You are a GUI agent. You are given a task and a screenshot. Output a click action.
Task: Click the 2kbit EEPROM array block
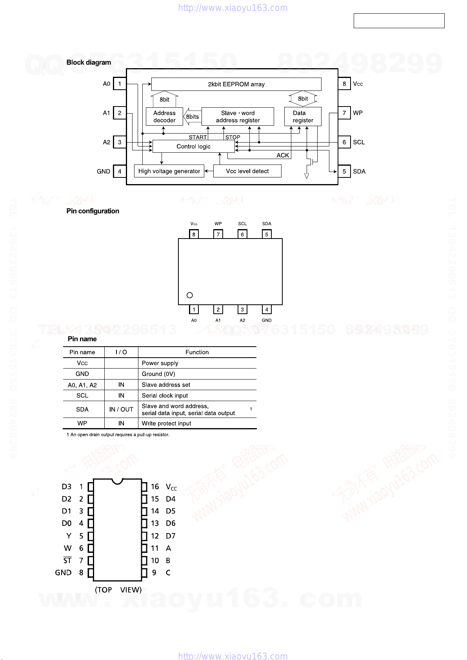coord(236,84)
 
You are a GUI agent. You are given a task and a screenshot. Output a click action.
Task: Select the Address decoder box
coord(164,117)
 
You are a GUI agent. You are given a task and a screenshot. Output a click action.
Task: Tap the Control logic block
coord(193,146)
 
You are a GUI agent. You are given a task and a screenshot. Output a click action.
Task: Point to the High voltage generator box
coord(169,171)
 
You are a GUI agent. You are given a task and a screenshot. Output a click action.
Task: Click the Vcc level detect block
coord(247,171)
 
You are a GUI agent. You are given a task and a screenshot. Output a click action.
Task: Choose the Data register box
coord(303,117)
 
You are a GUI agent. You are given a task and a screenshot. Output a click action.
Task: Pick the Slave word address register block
coord(238,117)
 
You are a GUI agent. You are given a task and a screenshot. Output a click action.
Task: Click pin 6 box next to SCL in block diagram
coord(344,142)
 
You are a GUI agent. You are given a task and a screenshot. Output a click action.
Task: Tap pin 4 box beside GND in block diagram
coord(120,172)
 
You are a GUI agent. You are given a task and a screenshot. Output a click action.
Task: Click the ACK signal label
coord(283,156)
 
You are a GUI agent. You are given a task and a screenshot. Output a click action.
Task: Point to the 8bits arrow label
coord(192,117)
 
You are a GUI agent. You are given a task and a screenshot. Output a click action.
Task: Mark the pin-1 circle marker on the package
coord(190,295)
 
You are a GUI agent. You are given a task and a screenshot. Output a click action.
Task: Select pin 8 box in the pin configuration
coord(194,234)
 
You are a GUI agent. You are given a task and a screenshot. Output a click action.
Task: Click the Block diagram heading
coord(89,62)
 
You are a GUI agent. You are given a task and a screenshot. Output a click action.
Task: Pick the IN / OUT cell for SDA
coord(121,409)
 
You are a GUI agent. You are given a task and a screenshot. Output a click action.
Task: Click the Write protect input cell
coord(166,423)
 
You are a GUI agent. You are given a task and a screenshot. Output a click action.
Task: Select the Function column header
coord(197,352)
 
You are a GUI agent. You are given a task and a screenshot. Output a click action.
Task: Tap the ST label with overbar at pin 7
coord(67,561)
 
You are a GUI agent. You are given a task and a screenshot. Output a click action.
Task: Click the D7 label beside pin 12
coord(171,536)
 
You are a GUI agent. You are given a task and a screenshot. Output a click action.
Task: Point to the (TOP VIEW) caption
coord(118,590)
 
